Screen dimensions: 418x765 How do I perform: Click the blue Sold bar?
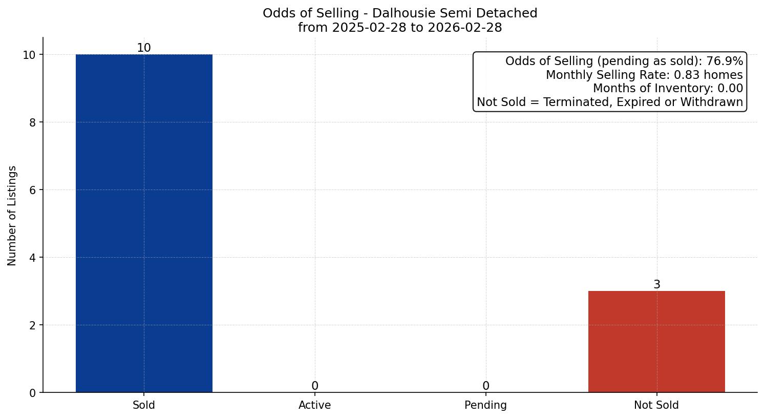click(144, 223)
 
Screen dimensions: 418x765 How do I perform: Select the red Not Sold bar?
click(656, 342)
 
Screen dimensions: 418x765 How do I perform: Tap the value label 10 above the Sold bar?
click(144, 48)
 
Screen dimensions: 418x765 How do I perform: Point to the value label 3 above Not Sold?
click(657, 285)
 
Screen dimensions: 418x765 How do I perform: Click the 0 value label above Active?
click(315, 386)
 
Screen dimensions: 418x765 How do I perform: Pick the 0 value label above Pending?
click(486, 386)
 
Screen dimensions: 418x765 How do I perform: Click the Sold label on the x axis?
click(144, 405)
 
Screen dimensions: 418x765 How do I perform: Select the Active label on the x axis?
click(315, 405)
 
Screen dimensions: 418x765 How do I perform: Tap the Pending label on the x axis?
click(485, 405)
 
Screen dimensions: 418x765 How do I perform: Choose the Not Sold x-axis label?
click(656, 405)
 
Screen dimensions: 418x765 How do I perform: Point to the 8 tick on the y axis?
click(33, 122)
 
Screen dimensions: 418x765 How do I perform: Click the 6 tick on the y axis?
click(33, 190)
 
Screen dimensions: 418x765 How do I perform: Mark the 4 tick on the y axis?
click(33, 258)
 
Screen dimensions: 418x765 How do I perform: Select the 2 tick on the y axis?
click(33, 325)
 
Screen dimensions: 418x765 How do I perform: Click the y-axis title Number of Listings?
click(12, 216)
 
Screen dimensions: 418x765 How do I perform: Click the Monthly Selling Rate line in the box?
click(644, 75)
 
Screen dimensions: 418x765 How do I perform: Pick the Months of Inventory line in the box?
click(668, 89)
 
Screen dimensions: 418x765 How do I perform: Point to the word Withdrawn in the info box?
click(712, 102)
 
